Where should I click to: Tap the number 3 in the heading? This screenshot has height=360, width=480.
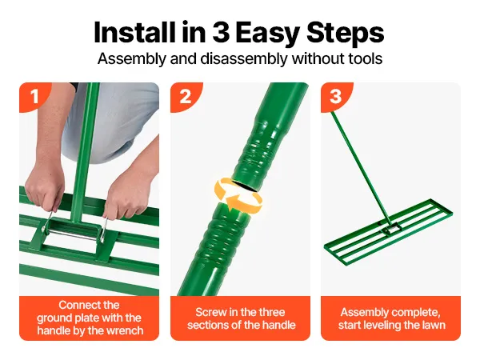[x=221, y=33]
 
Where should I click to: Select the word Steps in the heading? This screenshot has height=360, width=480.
[x=345, y=34]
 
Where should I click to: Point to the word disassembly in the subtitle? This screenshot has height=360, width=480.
[x=244, y=58]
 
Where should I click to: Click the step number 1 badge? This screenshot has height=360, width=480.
[x=34, y=97]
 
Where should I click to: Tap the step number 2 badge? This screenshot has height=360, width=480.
[x=186, y=97]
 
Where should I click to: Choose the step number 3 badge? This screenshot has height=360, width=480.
[x=336, y=97]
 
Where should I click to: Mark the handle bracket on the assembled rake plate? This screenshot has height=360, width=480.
[x=391, y=227]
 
